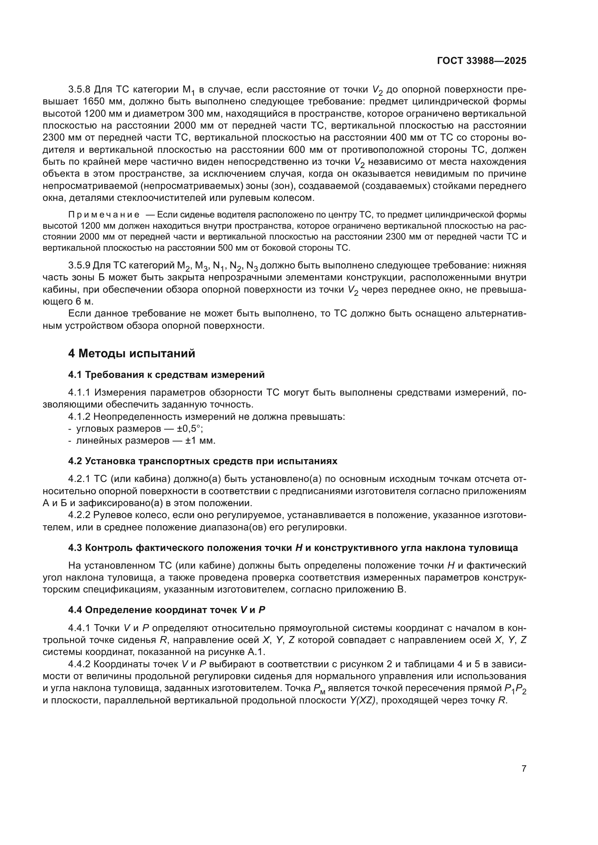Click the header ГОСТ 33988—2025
482,61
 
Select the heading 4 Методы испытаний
132,354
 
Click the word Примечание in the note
104,215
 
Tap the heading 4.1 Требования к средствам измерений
166,375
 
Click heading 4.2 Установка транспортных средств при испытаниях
202,461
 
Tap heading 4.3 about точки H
293,548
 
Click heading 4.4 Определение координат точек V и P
166,610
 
